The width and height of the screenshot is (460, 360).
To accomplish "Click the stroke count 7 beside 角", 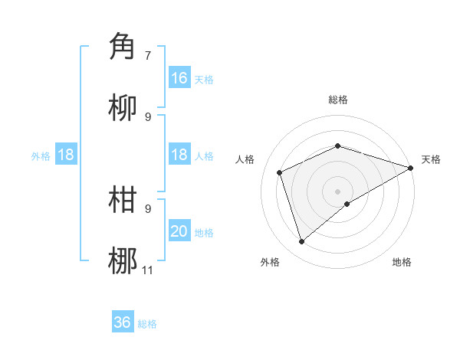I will (148, 55).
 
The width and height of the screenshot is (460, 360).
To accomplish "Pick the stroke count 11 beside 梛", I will (148, 270).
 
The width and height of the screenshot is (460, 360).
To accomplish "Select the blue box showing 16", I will (179, 78).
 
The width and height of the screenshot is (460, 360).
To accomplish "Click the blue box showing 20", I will (179, 231).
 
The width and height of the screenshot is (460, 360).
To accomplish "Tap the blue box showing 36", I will (123, 322).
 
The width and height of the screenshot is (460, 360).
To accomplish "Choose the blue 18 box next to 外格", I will (66, 155).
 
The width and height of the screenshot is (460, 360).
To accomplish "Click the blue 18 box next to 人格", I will (179, 155).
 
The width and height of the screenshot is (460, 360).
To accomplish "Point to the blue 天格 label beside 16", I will (203, 80).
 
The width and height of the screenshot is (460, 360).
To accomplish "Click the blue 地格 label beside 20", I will (203, 233).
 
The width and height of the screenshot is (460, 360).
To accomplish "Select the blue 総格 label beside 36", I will (147, 324).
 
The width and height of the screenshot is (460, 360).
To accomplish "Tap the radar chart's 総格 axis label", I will (338, 100).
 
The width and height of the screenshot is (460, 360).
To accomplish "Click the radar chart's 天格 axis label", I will (431, 159).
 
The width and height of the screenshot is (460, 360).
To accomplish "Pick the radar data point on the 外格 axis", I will (301, 241).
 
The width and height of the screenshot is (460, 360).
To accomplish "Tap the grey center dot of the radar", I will (338, 191).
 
